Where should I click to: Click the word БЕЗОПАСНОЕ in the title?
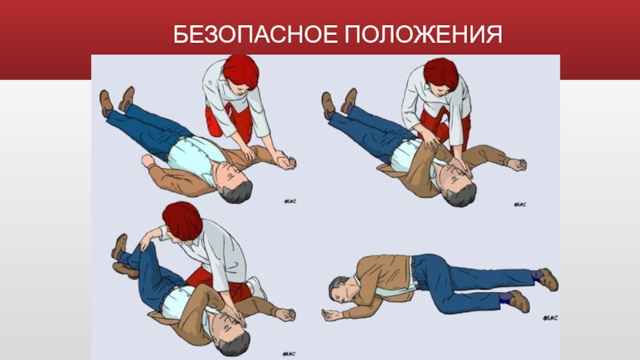255,34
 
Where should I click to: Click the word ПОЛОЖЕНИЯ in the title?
424,34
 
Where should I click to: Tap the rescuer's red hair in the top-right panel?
441,74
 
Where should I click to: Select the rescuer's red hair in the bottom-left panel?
182,221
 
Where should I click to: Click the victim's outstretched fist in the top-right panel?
517,164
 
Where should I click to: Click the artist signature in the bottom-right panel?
550,318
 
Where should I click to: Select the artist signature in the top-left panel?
290,202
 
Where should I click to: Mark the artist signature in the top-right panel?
520,204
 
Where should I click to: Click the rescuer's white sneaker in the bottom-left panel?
257,287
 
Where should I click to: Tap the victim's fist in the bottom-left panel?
286,314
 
